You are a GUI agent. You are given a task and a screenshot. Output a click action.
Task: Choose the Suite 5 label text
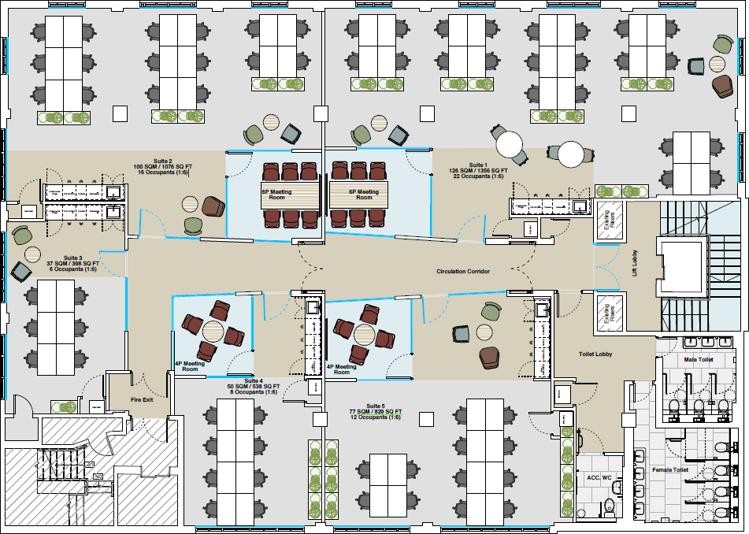coord(376,411)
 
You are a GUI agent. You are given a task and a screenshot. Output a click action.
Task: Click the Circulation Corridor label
coord(463,272)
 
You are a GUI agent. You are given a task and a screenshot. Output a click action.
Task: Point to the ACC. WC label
coord(599,477)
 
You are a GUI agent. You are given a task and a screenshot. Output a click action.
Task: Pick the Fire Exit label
coord(143,400)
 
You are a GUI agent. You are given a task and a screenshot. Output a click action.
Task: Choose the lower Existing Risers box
coord(610,312)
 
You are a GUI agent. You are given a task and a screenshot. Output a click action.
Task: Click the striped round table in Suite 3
coord(32,254)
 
